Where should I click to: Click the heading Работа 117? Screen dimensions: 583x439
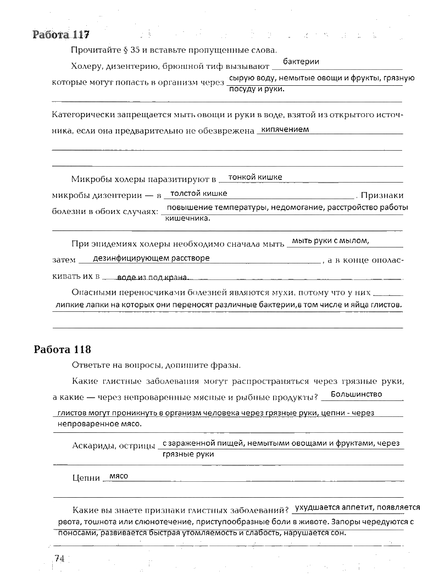[61, 35]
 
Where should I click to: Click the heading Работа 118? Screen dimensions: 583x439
[62, 350]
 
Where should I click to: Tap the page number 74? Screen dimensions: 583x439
[59, 559]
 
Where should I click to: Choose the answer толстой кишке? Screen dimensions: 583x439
[198, 194]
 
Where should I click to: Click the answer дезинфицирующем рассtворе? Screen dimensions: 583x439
[151, 258]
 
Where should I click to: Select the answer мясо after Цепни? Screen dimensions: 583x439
[119, 476]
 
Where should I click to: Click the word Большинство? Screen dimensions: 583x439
[357, 394]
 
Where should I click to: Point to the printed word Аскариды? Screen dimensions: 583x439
[91, 446]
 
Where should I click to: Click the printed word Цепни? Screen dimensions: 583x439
[85, 479]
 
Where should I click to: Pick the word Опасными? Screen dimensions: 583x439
[92, 293]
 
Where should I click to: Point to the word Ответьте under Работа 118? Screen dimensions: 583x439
[90, 365]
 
